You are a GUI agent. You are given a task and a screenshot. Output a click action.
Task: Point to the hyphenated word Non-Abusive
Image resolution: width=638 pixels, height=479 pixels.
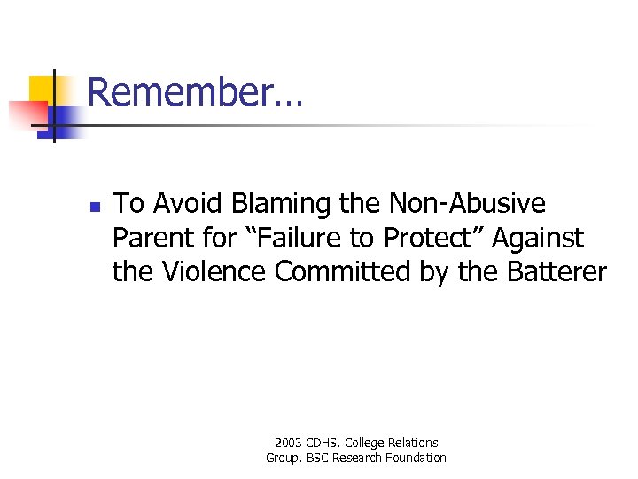(x=468, y=204)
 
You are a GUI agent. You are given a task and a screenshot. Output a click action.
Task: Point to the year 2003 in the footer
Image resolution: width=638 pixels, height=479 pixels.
(x=289, y=443)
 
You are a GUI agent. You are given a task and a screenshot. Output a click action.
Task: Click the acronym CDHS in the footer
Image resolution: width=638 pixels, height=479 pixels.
(x=324, y=443)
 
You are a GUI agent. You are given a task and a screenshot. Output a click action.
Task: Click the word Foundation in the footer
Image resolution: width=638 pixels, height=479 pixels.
(x=416, y=458)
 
